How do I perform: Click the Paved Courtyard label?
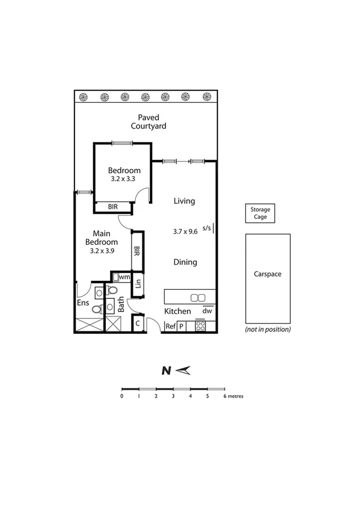click(148, 121)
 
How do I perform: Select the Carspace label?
click(267, 274)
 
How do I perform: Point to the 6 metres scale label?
click(233, 396)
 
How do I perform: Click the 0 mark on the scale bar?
click(122, 396)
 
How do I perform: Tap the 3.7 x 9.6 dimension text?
click(185, 231)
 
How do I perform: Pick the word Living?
click(184, 201)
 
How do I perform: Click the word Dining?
click(185, 262)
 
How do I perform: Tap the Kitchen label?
click(178, 312)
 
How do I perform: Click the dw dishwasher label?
click(207, 311)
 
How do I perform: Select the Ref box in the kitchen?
click(171, 327)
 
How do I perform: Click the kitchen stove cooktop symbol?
click(200, 327)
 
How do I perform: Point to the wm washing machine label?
click(124, 277)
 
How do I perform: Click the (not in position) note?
click(268, 329)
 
